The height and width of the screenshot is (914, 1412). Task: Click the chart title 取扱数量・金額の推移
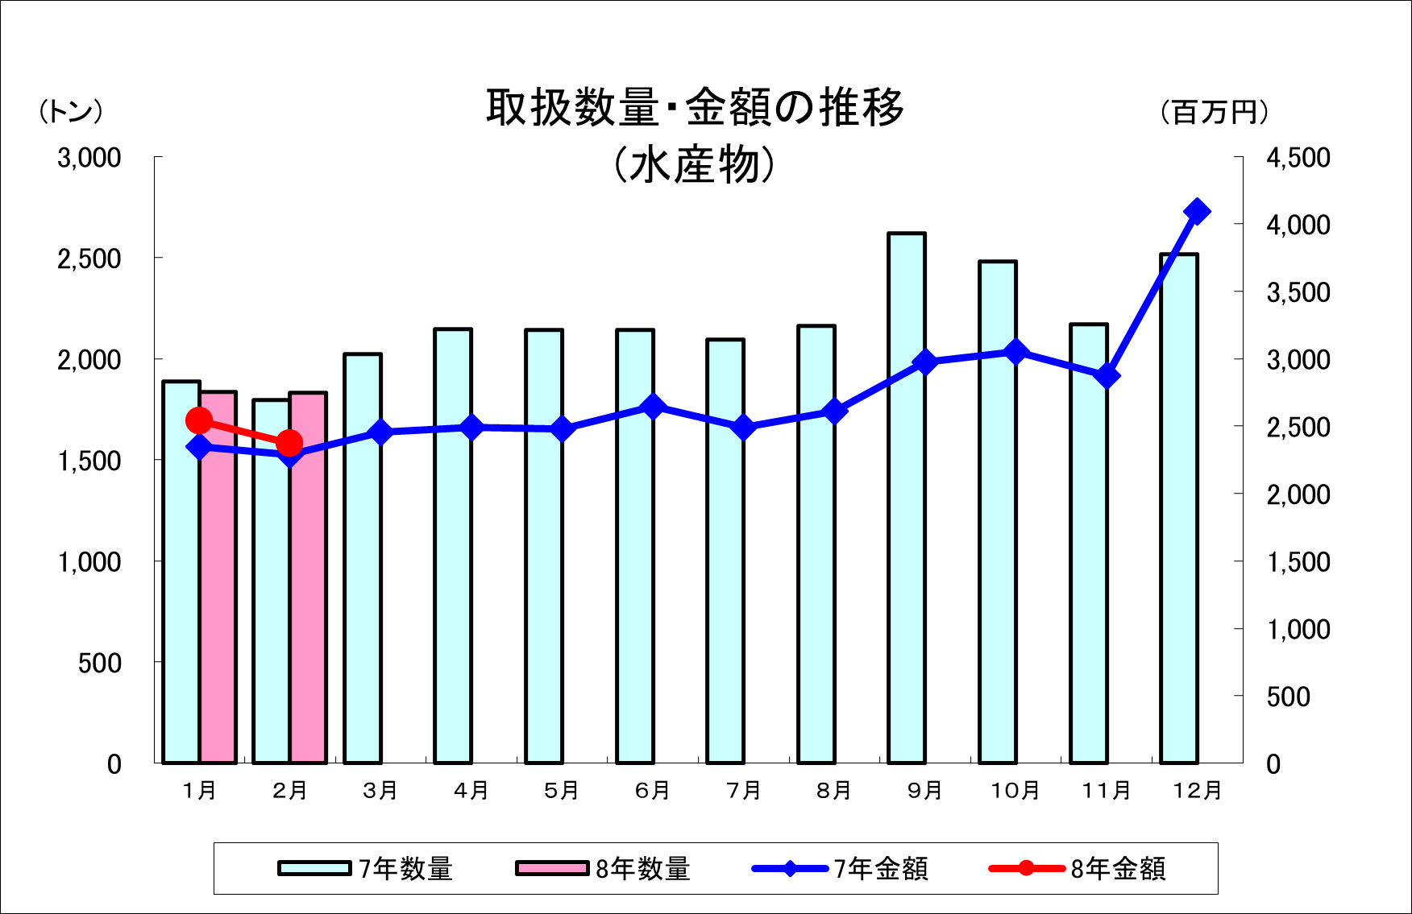point(695,107)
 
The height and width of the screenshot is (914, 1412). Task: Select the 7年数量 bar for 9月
point(907,499)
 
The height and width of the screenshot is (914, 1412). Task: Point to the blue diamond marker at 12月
point(1197,212)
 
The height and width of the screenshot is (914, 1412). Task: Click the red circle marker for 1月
point(199,420)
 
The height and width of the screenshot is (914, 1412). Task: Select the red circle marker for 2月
point(289,443)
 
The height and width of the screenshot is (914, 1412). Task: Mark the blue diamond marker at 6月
point(653,407)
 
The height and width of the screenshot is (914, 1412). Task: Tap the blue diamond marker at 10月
point(1015,352)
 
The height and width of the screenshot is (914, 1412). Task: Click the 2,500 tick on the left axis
point(89,258)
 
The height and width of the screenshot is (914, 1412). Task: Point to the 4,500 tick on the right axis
point(1298,158)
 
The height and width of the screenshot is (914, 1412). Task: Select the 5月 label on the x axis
point(562,791)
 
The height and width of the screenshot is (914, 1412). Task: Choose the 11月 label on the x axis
point(1106,791)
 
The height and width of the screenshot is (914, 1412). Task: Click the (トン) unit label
point(71,111)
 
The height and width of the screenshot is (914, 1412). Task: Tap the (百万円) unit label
point(1215,112)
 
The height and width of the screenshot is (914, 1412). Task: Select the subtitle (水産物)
point(695,165)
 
